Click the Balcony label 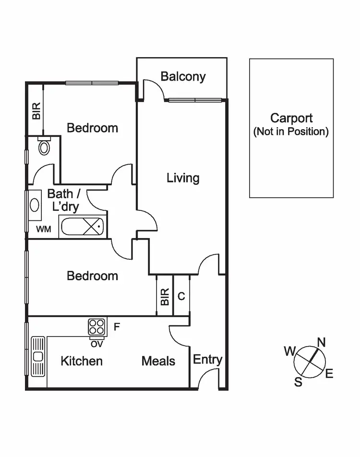click(183, 76)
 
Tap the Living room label click(183, 178)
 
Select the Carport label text click(291, 118)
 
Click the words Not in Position click(291, 132)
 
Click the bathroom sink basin click(35, 204)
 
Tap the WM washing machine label click(43, 229)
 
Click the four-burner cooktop click(97, 327)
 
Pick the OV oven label click(96, 344)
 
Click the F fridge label click(117, 327)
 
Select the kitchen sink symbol click(37, 356)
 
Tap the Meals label click(158, 361)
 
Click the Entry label click(207, 360)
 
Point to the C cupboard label click(181, 296)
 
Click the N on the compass click(321, 342)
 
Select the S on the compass click(298, 382)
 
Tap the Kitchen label click(82, 361)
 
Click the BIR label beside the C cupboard click(165, 297)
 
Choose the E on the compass click(329, 374)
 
